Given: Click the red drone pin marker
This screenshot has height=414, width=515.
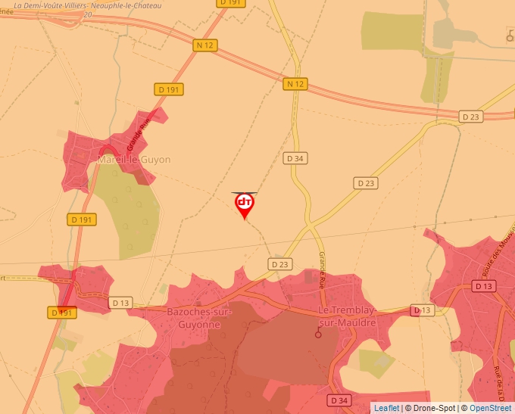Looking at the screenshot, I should click(x=244, y=204).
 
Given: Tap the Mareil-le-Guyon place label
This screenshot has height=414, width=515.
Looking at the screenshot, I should click(x=134, y=160).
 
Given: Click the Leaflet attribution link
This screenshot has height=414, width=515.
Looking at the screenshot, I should click(x=386, y=408).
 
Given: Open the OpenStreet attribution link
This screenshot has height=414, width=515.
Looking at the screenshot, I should click(x=490, y=408).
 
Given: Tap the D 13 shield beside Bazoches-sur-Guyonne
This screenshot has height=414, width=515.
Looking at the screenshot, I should click(x=120, y=303).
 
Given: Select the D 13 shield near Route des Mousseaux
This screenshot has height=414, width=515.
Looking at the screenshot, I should click(x=483, y=286).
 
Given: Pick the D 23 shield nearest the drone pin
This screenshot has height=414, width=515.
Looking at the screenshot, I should click(x=279, y=263).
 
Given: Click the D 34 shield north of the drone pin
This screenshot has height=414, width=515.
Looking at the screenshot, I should click(x=295, y=158).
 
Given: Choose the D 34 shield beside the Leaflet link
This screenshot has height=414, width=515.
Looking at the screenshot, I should click(x=340, y=400).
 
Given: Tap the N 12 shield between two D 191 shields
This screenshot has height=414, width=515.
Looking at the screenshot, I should click(x=205, y=45).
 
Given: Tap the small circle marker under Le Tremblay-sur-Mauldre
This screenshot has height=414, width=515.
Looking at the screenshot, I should click(x=318, y=334).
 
